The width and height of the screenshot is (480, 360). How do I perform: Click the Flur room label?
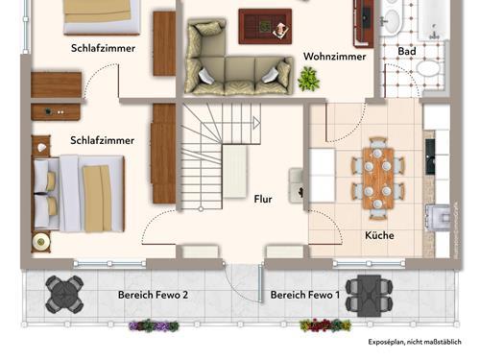tap(263, 199)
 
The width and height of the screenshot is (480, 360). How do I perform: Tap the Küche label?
tap(379, 235)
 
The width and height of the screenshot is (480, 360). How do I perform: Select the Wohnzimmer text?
tap(335, 57)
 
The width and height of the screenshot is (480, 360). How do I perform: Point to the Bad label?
tap(407, 51)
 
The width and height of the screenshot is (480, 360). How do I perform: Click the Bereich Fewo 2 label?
tap(153, 295)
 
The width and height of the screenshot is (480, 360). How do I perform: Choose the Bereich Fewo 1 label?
tap(305, 295)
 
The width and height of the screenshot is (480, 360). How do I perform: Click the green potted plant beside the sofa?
tap(308, 79)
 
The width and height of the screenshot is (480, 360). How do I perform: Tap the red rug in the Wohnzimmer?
tap(265, 27)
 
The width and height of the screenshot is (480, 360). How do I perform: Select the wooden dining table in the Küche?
tap(378, 179)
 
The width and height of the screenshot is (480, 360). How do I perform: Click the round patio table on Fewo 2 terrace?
tap(64, 295)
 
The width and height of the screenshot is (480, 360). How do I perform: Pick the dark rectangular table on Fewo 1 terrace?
tap(370, 296)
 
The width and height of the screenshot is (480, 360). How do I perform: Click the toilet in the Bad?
tap(430, 68)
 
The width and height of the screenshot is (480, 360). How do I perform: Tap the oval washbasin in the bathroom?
tap(392, 21)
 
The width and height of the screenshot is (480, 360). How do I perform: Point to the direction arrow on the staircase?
tap(256, 123)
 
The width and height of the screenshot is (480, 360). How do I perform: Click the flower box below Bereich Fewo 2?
tap(154, 325)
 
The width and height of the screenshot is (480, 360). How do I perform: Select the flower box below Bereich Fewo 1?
tap(325, 325)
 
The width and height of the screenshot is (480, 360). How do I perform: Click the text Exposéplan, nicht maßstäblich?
tap(415, 342)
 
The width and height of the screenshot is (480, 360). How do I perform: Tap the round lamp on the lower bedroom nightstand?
tap(41, 242)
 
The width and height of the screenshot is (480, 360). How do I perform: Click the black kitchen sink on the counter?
tap(430, 156)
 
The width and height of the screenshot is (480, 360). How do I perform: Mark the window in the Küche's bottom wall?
tap(369, 264)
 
